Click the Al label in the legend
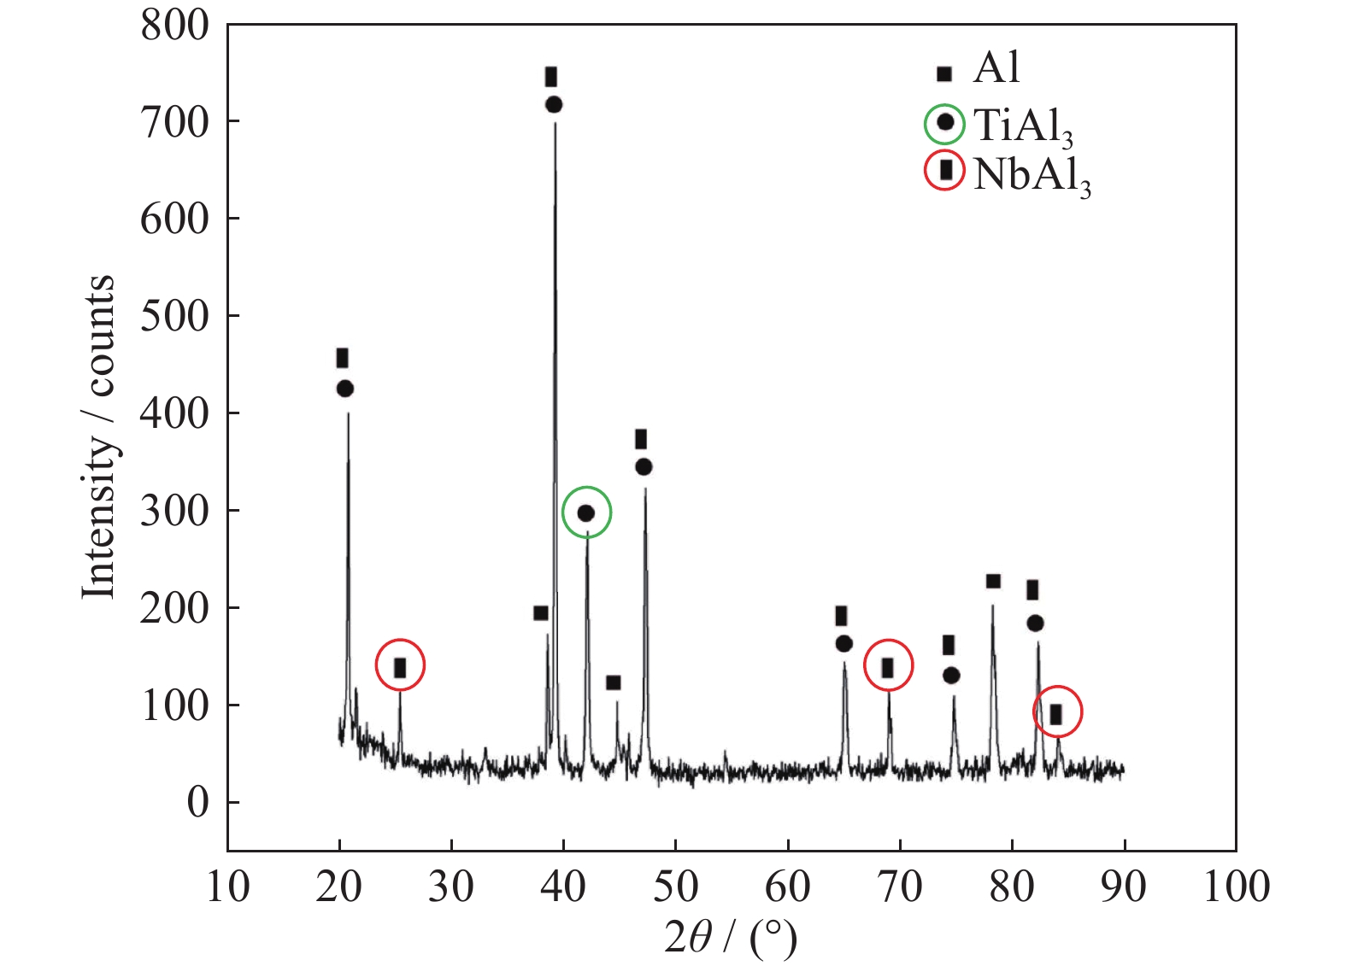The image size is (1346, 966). point(996,68)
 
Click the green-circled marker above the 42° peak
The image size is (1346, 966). point(586,512)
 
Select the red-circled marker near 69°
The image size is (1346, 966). point(888,666)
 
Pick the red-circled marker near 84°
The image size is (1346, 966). point(1057,712)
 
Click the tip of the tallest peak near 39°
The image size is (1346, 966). point(555,124)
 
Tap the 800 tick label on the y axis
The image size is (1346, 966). point(175,26)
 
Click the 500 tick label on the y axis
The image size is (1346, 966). point(175,316)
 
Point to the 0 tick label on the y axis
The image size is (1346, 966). point(197,803)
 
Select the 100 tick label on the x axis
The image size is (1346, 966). point(1236,887)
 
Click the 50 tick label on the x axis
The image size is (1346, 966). point(675,887)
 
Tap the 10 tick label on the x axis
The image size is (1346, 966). point(228,887)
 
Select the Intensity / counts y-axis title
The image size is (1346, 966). point(99,437)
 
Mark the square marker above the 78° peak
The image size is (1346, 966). point(993,582)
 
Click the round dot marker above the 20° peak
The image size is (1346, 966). point(345,389)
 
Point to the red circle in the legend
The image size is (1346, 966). point(944,172)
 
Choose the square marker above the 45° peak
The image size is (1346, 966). point(613,682)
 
